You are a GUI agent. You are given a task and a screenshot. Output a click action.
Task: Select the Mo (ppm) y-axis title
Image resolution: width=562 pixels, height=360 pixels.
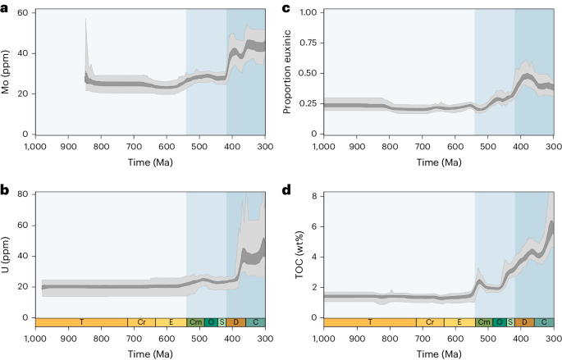(x=7, y=72)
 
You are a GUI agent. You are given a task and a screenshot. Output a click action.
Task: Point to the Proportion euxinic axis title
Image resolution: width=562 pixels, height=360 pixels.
(x=287, y=72)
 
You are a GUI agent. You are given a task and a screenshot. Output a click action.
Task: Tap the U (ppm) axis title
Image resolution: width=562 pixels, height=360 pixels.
(x=7, y=256)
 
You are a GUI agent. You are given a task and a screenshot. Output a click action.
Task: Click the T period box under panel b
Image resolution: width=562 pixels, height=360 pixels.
(x=80, y=322)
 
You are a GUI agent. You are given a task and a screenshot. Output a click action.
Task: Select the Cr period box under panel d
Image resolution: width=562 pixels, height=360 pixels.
(x=430, y=322)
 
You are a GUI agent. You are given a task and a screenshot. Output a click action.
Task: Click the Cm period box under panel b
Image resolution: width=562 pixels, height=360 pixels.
(x=195, y=322)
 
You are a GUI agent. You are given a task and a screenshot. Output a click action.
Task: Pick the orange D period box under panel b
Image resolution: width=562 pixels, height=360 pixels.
(x=235, y=322)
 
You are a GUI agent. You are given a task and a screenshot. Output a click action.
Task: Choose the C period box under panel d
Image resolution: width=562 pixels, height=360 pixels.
(x=543, y=322)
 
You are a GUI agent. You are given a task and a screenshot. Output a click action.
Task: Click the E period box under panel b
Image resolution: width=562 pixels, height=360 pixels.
(x=171, y=322)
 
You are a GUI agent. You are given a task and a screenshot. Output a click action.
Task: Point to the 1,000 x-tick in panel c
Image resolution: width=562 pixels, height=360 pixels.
(x=322, y=148)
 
